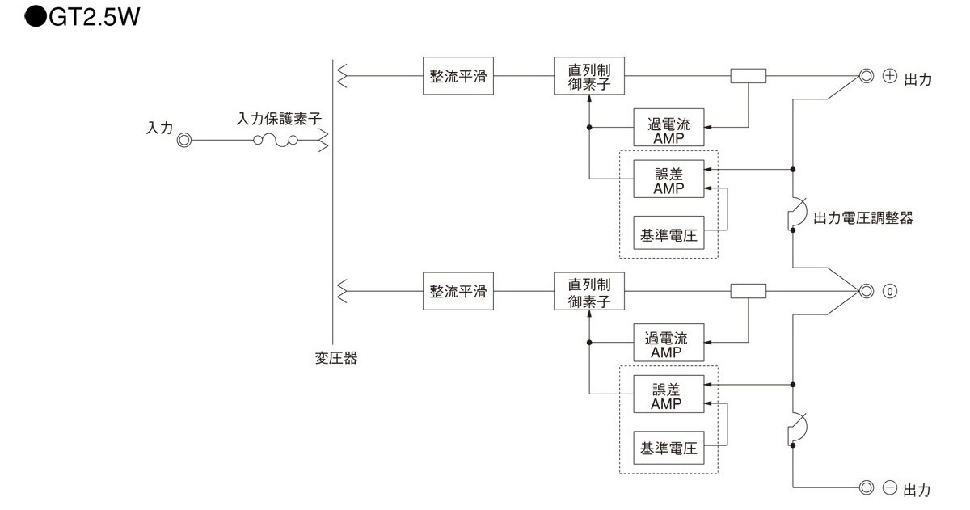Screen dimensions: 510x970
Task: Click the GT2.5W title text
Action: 84,17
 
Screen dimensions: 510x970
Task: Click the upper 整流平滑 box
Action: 458,77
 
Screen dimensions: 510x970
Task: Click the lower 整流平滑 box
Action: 458,291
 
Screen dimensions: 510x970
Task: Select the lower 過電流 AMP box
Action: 668,343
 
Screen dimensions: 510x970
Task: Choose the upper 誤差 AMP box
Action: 668,179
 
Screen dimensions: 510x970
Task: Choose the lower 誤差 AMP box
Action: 668,395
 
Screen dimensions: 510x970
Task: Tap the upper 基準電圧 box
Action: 668,234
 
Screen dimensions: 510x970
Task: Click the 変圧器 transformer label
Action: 335,358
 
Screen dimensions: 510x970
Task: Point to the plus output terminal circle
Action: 866,77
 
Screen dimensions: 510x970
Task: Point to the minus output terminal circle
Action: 866,487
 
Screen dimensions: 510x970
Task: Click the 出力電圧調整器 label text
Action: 862,217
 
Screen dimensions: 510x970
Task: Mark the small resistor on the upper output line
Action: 748,77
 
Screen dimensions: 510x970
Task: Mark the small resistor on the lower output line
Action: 748,291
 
